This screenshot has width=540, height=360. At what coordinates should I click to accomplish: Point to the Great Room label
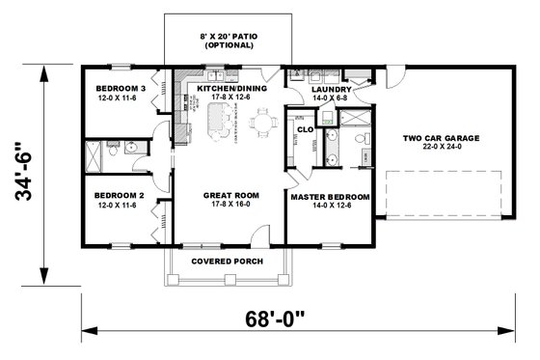tap(228, 196)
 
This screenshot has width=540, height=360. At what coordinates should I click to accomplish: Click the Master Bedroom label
tap(331, 197)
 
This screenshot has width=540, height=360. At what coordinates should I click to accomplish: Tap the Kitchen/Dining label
tap(228, 88)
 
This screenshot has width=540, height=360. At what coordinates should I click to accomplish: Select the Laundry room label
tap(331, 88)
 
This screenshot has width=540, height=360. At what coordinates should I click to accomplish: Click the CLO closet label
tap(304, 128)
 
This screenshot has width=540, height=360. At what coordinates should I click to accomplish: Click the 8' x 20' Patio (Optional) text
tap(228, 40)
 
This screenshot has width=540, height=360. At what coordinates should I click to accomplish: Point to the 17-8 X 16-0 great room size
tap(228, 206)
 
